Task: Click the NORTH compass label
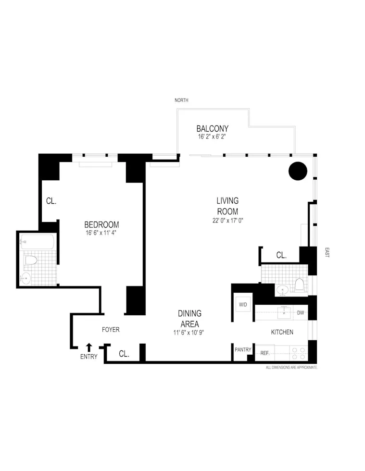pyautogui.click(x=182, y=100)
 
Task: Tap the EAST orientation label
pyautogui.click(x=327, y=252)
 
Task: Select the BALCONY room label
pyautogui.click(x=212, y=129)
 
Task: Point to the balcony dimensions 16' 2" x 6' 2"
pyautogui.click(x=211, y=137)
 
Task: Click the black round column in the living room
pyautogui.click(x=298, y=171)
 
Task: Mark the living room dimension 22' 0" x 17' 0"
pyautogui.click(x=227, y=222)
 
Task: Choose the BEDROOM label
pyautogui.click(x=101, y=224)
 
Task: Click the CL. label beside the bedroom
pyautogui.click(x=51, y=201)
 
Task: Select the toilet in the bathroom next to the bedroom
pyautogui.click(x=31, y=260)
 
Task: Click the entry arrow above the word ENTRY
pyautogui.click(x=89, y=347)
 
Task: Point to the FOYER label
pyautogui.click(x=111, y=330)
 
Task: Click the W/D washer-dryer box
pyautogui.click(x=242, y=305)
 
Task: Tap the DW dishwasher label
pyautogui.click(x=301, y=313)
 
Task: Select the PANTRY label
pyautogui.click(x=243, y=349)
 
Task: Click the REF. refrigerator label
pyautogui.click(x=264, y=352)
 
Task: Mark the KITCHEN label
pyautogui.click(x=282, y=332)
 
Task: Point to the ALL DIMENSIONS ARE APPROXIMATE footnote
pyautogui.click(x=292, y=367)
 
